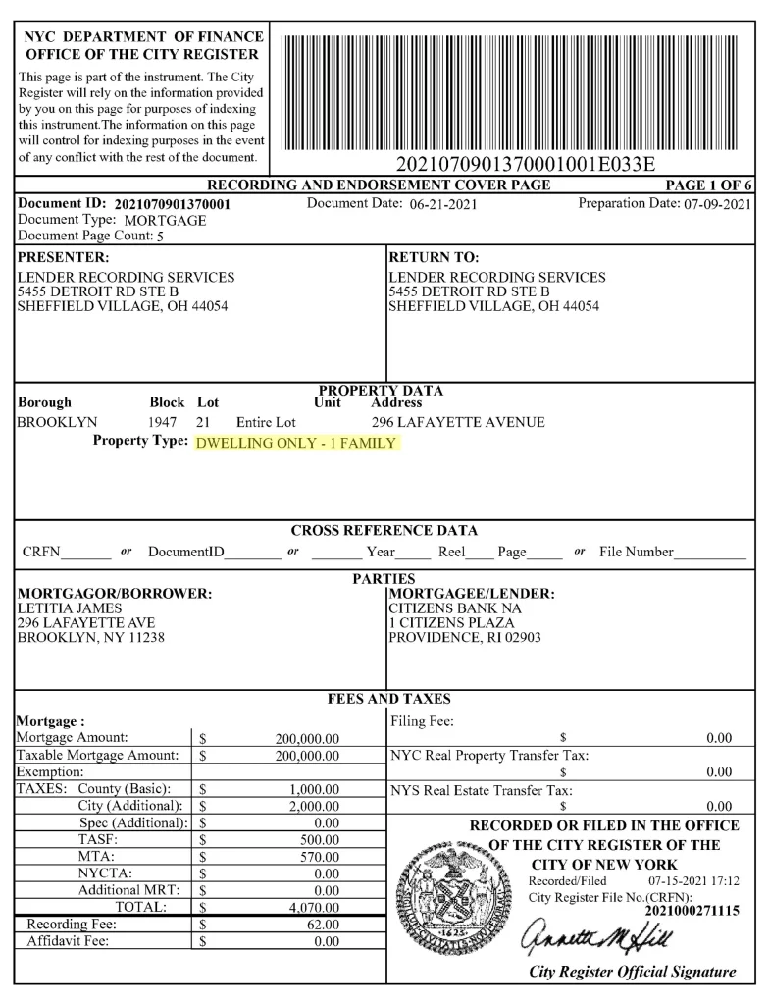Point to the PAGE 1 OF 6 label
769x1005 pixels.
point(708,185)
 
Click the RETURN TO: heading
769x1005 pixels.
point(434,258)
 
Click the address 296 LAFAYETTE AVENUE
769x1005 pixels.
point(458,423)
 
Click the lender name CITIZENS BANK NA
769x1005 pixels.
point(450,608)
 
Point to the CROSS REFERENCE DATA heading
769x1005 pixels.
point(384,531)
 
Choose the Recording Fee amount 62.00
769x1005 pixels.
point(323,925)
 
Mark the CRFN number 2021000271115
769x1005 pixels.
point(692,911)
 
